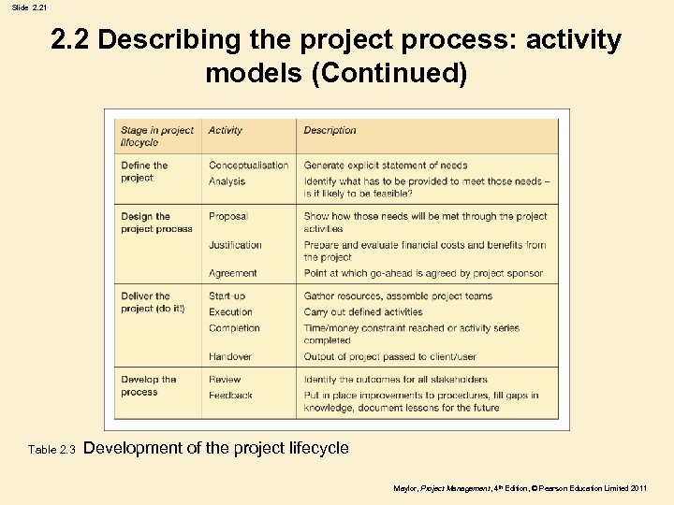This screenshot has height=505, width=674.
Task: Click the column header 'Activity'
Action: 225,131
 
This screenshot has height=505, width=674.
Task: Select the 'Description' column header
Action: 330,131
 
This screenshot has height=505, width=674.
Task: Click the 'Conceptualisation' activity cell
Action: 248,166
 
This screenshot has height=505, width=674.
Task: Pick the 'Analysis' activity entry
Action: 227,181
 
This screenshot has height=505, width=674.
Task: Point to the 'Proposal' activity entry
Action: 227,217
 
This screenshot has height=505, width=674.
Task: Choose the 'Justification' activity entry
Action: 235,245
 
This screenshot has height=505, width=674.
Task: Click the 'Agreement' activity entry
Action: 232,273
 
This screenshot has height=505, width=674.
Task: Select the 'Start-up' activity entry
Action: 227,296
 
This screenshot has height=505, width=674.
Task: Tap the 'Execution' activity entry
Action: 230,312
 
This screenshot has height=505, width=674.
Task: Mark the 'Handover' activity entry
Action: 230,356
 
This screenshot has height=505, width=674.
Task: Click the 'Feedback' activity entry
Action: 230,396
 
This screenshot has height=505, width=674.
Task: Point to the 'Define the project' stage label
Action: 144,172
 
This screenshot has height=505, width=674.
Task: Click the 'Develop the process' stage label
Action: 148,386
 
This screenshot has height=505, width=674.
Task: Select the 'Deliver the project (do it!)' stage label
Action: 152,303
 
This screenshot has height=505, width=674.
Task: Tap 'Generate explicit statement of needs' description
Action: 386,166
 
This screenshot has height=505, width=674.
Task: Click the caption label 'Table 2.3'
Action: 51,450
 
